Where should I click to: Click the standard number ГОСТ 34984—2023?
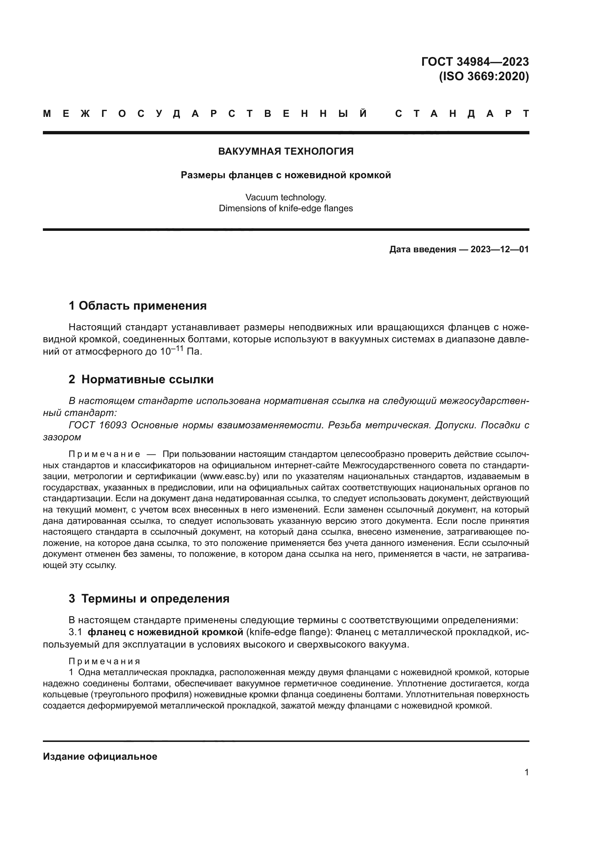click(475, 62)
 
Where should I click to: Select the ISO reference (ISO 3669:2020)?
click(484, 77)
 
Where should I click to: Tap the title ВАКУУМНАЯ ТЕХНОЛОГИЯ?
click(286, 151)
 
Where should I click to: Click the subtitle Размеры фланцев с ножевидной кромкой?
click(286, 175)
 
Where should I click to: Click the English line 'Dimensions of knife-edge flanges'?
click(286, 208)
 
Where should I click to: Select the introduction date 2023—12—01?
click(500, 249)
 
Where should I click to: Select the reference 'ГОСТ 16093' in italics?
click(98, 425)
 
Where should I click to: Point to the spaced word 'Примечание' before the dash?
click(104, 454)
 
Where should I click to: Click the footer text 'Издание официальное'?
click(100, 756)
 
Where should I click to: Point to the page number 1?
click(527, 772)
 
